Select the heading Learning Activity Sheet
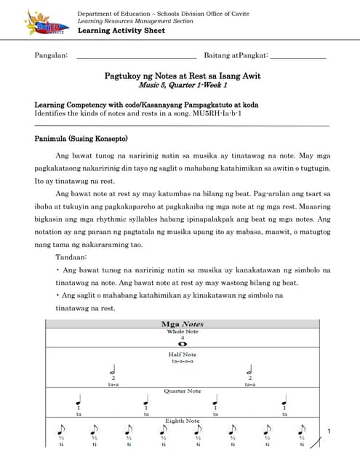point(121,31)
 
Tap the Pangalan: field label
point(52,55)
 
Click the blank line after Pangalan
point(136,56)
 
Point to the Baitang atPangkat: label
point(236,55)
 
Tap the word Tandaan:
point(71,257)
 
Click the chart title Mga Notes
point(182,324)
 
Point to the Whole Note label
point(182,331)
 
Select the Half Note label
point(182,354)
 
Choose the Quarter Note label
point(182,391)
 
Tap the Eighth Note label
point(182,421)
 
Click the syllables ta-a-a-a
point(182,360)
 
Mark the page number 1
point(329,433)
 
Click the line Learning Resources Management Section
point(135,22)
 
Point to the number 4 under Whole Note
point(182,338)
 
